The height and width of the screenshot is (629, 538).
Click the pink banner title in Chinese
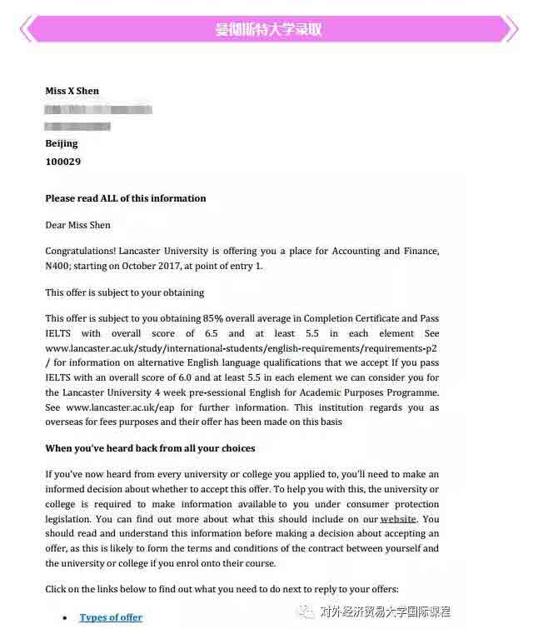coord(268,29)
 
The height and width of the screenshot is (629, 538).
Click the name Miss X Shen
coord(72,91)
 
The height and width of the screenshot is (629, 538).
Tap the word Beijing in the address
coord(61,144)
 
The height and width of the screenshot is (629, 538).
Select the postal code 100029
coord(62,162)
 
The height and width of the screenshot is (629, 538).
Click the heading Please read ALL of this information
coord(126,198)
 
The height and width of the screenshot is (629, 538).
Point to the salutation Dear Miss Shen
coord(77,225)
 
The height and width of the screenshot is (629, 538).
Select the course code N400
coord(61,267)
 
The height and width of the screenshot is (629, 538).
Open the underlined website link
coord(398,519)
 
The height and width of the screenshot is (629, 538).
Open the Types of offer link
coord(111,617)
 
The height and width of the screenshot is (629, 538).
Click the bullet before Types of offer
coord(66,618)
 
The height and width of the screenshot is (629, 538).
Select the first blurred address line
coord(98,109)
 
